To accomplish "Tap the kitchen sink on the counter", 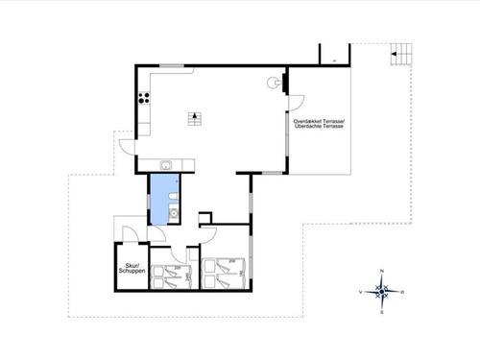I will [x=165, y=164].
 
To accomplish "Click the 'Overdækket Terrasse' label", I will [x=318, y=124].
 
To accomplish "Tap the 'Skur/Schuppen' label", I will [x=130, y=269].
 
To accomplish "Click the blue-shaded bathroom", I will [x=163, y=198].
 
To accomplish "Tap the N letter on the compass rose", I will [x=382, y=272].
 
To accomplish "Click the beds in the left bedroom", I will [x=174, y=273].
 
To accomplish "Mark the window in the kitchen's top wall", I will [x=172, y=65].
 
